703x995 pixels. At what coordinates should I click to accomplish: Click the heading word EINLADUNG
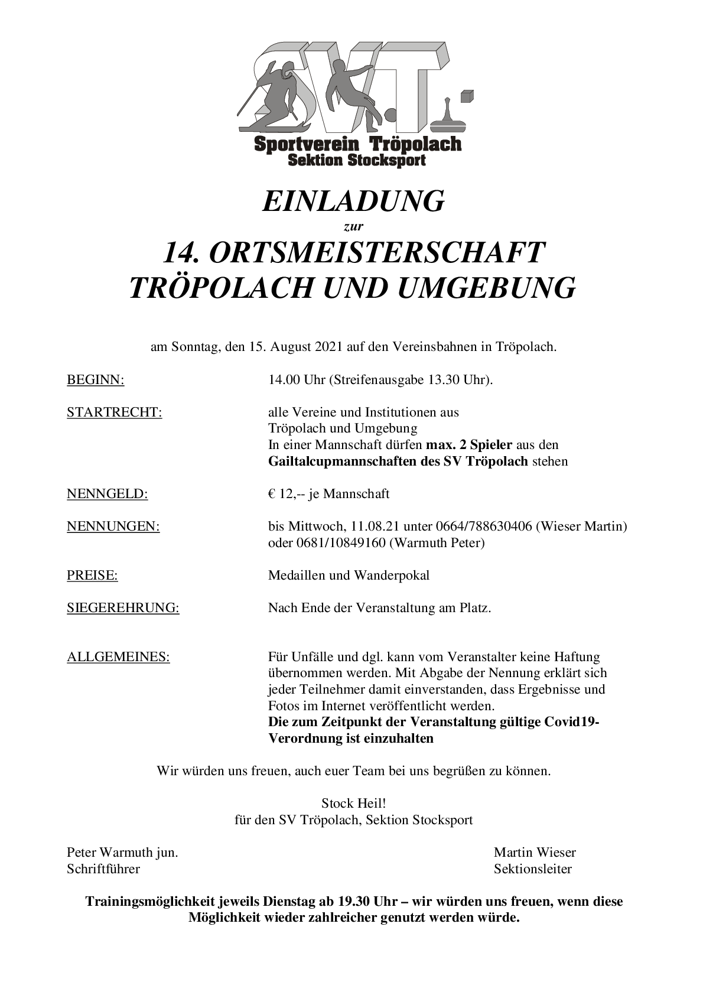353,201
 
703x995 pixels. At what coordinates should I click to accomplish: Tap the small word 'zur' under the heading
353,226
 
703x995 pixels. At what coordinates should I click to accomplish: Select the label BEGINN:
96,380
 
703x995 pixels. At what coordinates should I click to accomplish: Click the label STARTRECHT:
115,412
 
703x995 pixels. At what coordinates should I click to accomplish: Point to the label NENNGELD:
108,493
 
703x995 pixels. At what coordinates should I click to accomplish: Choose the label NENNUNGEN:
113,526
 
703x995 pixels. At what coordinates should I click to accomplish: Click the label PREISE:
92,575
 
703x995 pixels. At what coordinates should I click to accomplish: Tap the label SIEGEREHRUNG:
123,607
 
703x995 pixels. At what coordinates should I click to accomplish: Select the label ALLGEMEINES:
118,656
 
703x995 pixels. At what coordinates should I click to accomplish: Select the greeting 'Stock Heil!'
353,804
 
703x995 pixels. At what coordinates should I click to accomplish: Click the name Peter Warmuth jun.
122,852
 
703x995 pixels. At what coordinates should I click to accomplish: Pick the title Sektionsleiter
533,869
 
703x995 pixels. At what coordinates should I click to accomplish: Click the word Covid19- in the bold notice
572,722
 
